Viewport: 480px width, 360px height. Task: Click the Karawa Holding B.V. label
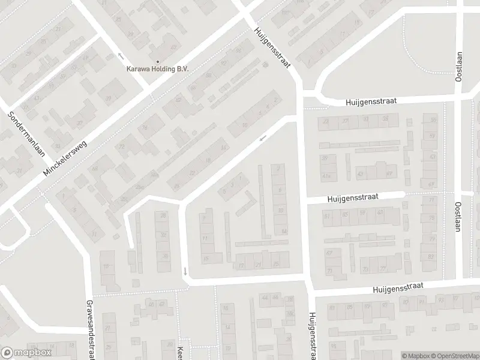[157, 69]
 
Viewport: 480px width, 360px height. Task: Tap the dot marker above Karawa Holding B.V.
[157, 61]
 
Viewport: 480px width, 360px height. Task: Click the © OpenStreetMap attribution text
[454, 356]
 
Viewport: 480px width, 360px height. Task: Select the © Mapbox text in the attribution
[415, 356]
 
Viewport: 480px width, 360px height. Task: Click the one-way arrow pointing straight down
[185, 271]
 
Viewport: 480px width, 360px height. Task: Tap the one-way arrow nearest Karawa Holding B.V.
[121, 56]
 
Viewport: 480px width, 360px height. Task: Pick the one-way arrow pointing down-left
[262, 139]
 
